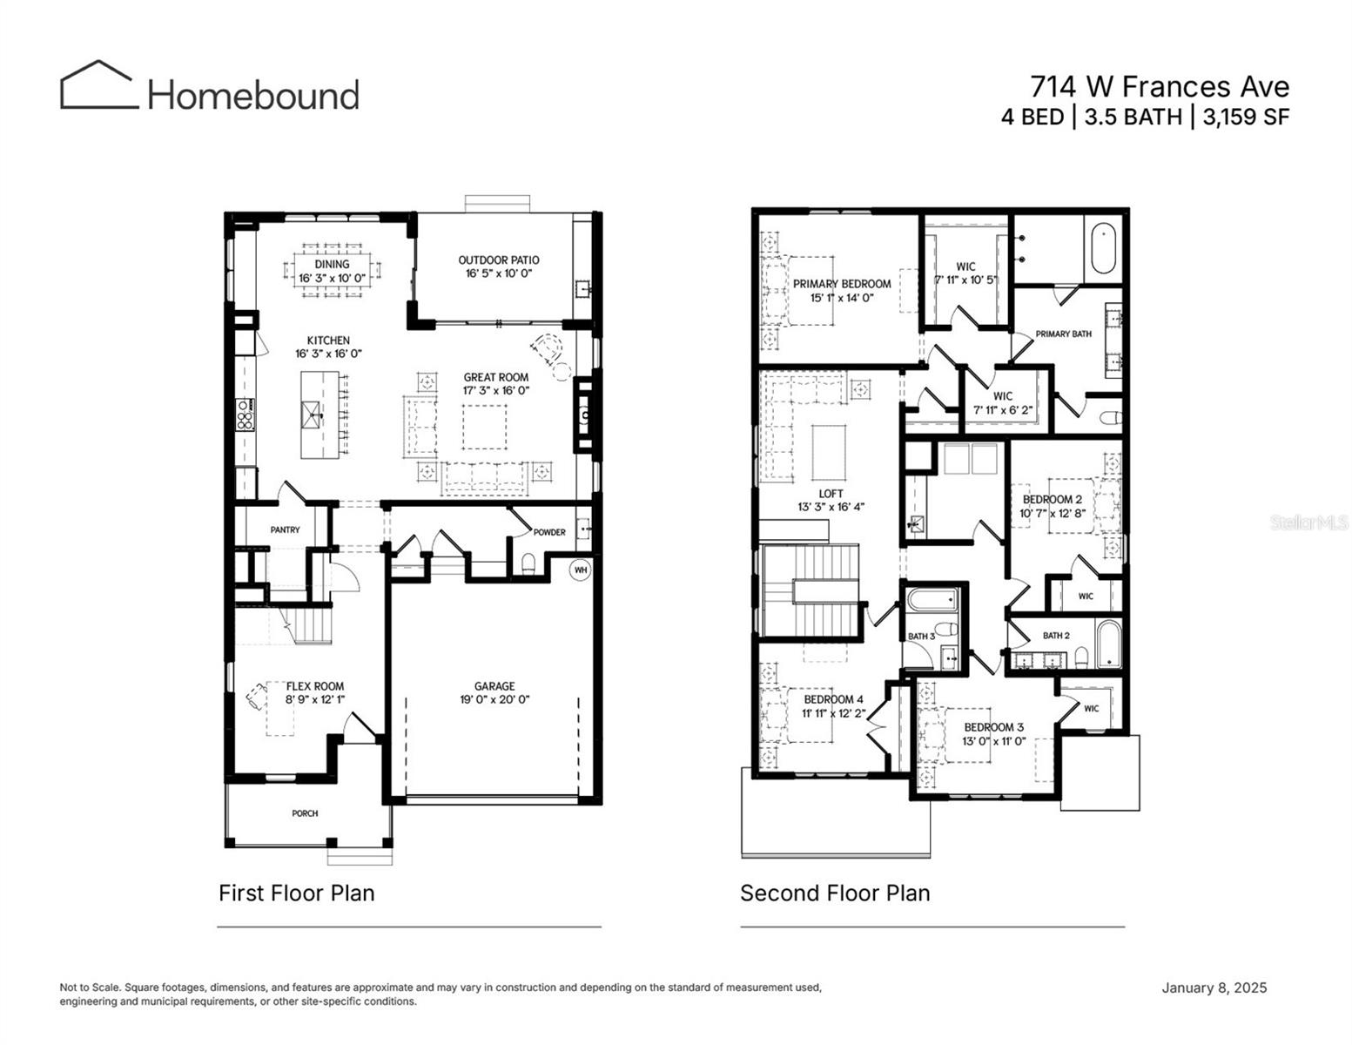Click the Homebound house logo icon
click(98, 85)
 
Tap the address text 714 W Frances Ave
click(1159, 86)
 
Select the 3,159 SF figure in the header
click(1245, 117)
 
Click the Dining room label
click(332, 264)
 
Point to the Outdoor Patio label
click(498, 260)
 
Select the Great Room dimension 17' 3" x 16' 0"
click(495, 391)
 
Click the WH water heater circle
click(581, 570)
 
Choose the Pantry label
click(285, 529)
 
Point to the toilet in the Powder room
click(527, 564)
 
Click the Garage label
click(494, 686)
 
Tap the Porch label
click(305, 813)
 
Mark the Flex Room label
click(314, 686)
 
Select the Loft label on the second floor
click(831, 494)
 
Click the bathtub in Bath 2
click(1108, 645)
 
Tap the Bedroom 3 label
click(993, 727)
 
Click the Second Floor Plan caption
click(835, 893)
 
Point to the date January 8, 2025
click(1214, 988)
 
